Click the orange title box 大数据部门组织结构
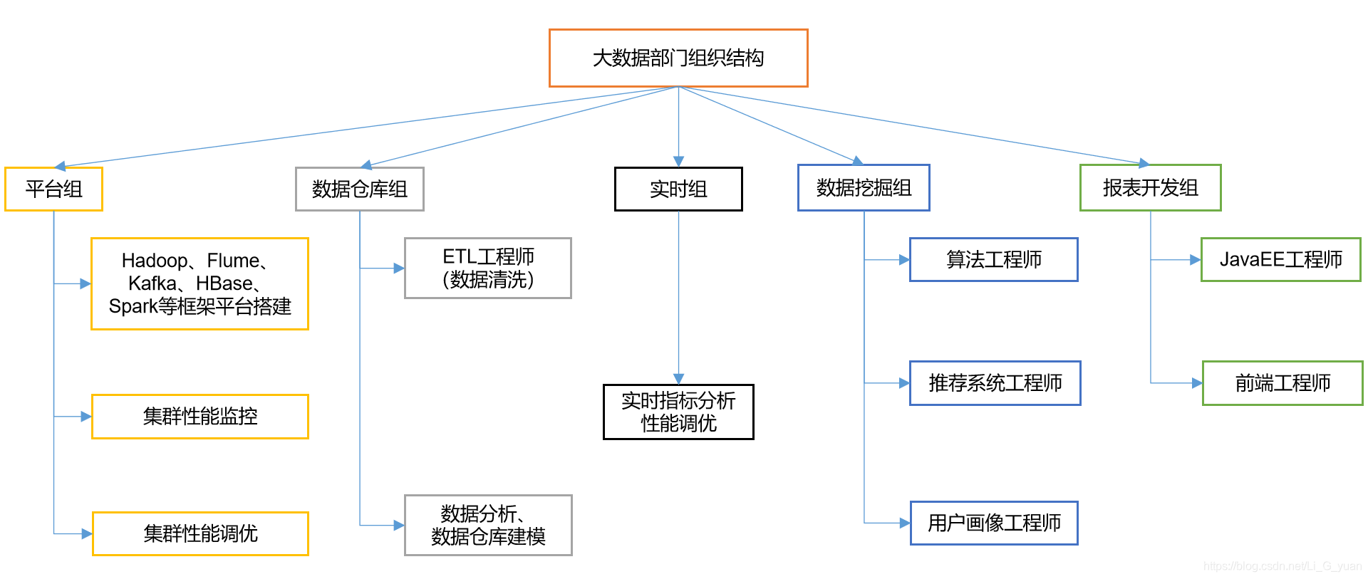tap(678, 58)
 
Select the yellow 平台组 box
tap(53, 189)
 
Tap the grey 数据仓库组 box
tap(359, 189)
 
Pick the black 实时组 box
tap(678, 189)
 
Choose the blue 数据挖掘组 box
tap(864, 188)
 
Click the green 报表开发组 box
tap(1150, 188)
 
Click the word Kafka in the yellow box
tap(152, 283)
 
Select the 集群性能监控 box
tap(200, 417)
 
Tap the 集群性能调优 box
tap(200, 533)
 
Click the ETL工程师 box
tap(488, 268)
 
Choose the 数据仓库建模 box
tap(488, 526)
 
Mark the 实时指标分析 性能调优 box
tap(678, 412)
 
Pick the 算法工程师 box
tap(993, 260)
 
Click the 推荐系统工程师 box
tap(995, 383)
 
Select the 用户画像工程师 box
tap(994, 523)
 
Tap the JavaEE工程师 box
tap(1280, 260)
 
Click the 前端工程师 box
tap(1282, 383)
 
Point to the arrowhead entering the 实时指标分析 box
tap(678, 379)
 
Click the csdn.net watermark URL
tap(1282, 566)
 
